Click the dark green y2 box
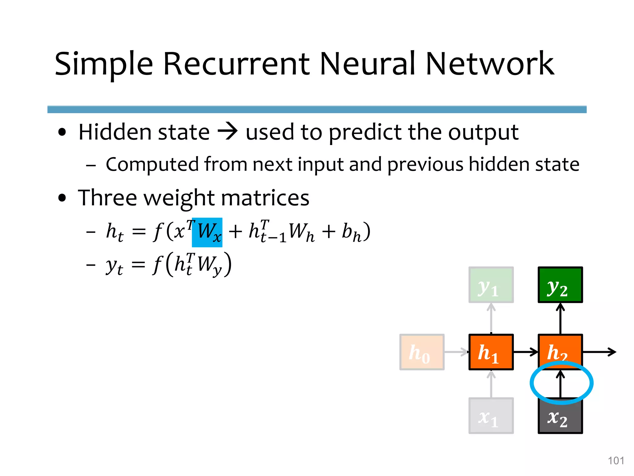pos(560,284)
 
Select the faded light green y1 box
pos(491,284)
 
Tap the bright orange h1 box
pos(491,352)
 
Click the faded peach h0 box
pos(422,352)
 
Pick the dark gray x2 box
pos(560,417)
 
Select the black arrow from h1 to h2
pos(526,352)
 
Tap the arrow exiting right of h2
pos(599,352)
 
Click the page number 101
pos(616,461)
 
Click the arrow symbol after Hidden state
pos(228,132)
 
